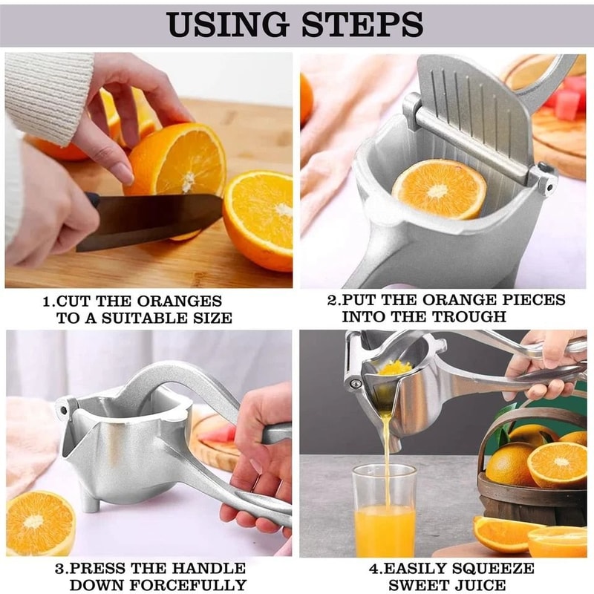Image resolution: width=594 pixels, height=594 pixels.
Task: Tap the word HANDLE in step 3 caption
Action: click(204, 568)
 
